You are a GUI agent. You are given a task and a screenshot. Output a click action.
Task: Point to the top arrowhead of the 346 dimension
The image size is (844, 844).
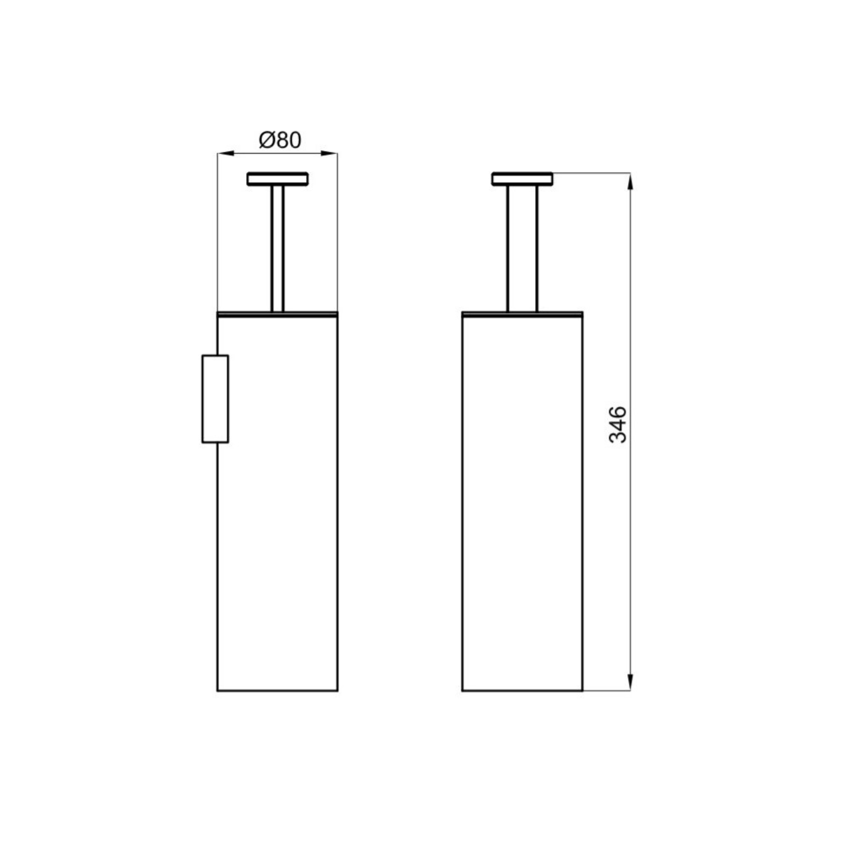[x=630, y=181]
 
